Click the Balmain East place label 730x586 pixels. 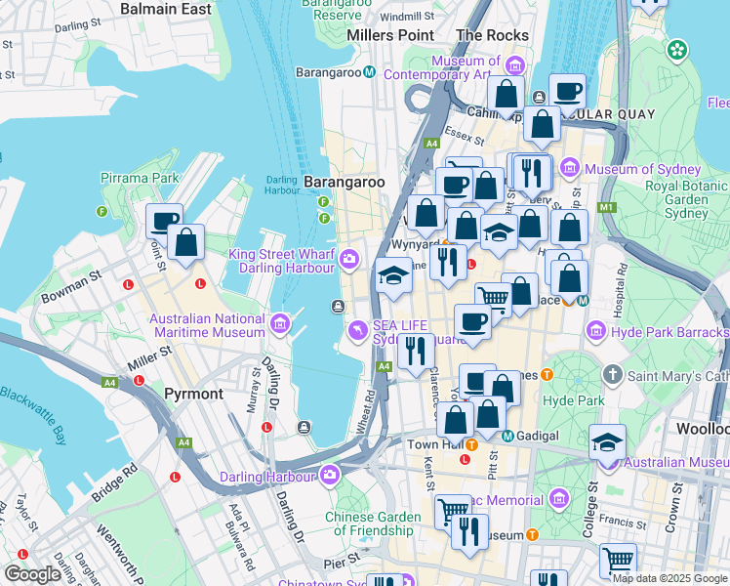click(165, 9)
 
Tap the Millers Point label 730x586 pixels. click(390, 35)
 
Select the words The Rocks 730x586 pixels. click(492, 35)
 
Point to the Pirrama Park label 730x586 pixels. click(140, 179)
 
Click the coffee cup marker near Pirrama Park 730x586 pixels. click(164, 222)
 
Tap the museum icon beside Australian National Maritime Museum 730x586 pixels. click(281, 321)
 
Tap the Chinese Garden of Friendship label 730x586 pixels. click(374, 523)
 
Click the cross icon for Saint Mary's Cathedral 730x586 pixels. click(612, 374)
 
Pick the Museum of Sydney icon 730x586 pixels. click(569, 170)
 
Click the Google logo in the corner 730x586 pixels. click(32, 574)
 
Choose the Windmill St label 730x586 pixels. click(399, 17)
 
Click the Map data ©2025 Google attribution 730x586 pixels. click(669, 578)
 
